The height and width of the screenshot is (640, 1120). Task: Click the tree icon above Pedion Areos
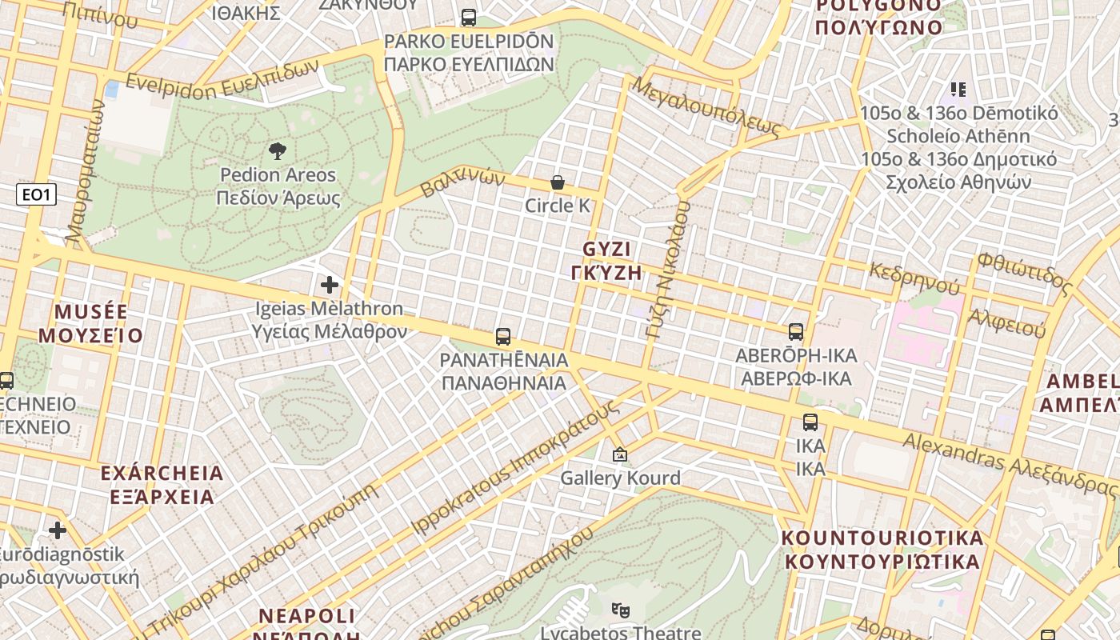(x=278, y=150)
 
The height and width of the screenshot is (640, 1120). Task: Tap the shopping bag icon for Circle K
(x=558, y=183)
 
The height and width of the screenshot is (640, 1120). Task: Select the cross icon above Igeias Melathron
(x=329, y=284)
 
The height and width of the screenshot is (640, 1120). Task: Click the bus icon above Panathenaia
(x=503, y=337)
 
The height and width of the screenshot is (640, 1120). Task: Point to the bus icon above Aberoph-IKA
(x=796, y=331)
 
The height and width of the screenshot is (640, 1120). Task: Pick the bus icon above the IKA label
(x=810, y=422)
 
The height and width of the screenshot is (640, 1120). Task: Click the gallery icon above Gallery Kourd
(x=619, y=455)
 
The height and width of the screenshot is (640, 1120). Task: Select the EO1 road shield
(x=37, y=194)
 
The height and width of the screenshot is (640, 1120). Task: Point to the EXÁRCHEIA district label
(x=162, y=474)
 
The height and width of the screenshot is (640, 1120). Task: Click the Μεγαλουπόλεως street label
(x=705, y=106)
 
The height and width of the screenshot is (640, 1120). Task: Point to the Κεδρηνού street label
(x=914, y=277)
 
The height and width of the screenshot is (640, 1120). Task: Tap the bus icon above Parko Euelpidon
(x=469, y=18)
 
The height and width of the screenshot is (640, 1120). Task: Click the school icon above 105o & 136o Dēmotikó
(x=958, y=89)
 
